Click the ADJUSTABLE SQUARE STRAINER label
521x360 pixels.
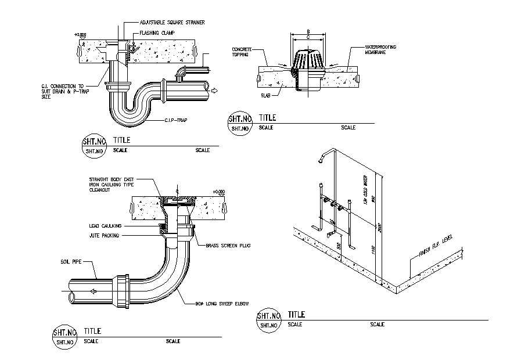(x=172, y=22)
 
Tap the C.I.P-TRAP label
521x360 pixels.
(x=178, y=120)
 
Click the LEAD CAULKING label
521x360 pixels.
(x=105, y=225)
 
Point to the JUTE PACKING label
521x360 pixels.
(x=105, y=236)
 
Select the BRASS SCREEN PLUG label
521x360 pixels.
(x=228, y=246)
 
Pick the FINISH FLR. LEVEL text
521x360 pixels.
(x=434, y=247)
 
